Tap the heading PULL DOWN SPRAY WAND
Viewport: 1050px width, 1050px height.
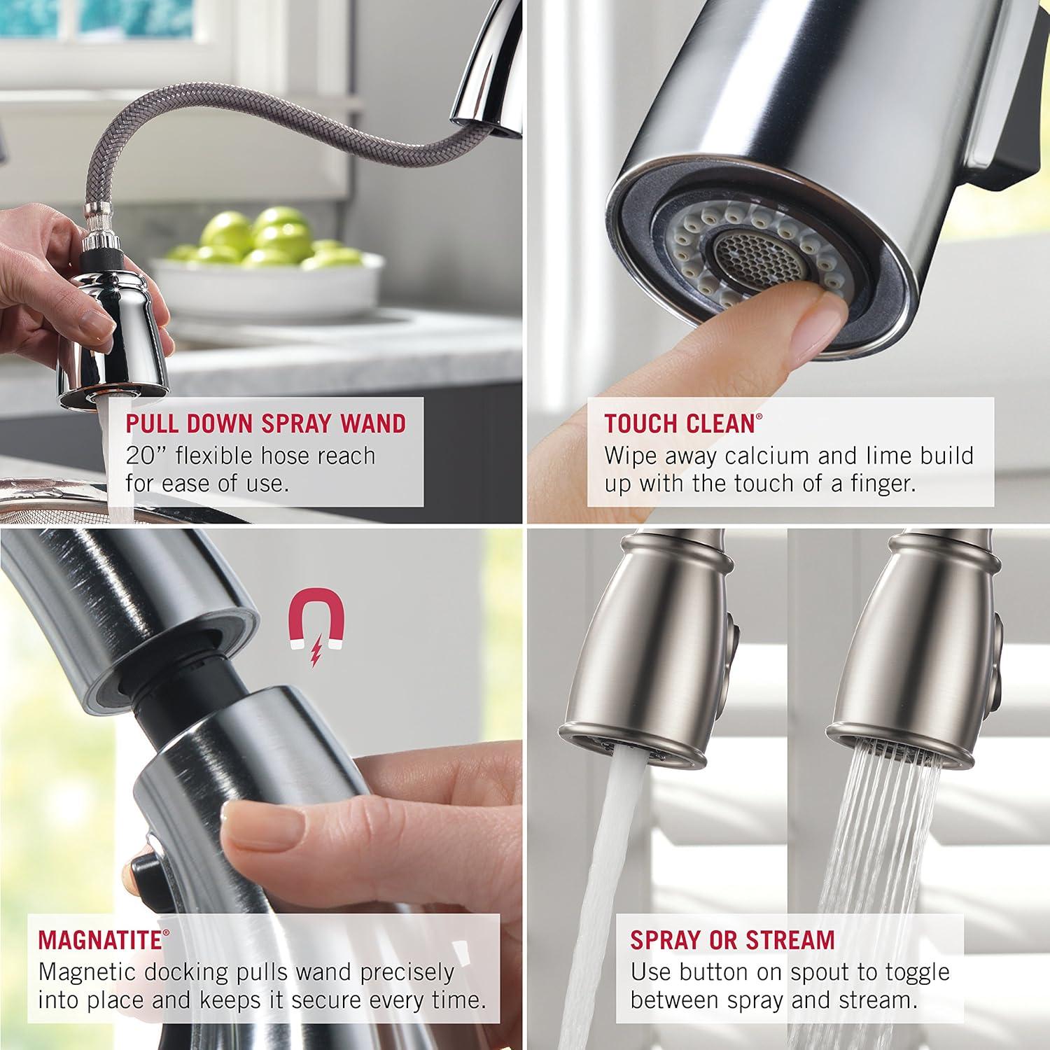pos(265,424)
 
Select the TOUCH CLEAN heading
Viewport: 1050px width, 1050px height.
pos(679,424)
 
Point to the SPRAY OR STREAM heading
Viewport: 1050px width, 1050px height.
pos(732,940)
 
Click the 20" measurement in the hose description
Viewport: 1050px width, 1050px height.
pos(146,456)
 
